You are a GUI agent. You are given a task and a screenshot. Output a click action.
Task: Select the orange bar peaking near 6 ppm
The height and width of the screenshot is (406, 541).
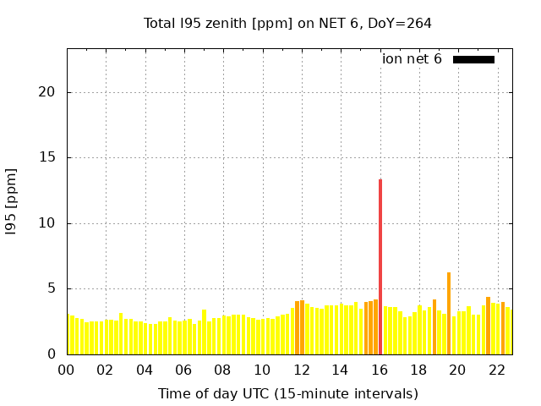click(449, 313)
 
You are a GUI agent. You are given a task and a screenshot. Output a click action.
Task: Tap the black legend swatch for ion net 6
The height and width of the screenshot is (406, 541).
click(473, 59)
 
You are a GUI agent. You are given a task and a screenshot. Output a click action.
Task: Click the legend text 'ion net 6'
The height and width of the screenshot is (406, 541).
click(412, 59)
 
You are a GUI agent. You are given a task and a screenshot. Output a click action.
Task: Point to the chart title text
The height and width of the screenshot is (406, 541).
click(287, 23)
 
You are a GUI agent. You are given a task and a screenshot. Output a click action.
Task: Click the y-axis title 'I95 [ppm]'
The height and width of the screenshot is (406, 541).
click(12, 200)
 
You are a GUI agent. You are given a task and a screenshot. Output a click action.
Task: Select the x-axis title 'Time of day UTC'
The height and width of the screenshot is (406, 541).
click(287, 393)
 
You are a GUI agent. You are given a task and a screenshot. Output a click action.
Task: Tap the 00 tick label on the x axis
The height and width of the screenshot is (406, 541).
click(67, 370)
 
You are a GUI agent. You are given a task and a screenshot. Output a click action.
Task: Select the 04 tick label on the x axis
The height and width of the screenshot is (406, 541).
click(145, 370)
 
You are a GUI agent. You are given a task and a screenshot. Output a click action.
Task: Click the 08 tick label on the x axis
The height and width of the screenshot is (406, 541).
click(223, 370)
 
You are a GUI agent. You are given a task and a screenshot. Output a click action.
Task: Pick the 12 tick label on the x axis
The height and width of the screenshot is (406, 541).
click(302, 370)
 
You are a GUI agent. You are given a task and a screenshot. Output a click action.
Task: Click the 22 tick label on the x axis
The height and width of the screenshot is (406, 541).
click(497, 370)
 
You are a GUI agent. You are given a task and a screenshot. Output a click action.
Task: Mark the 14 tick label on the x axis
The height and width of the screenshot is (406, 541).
click(341, 370)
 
